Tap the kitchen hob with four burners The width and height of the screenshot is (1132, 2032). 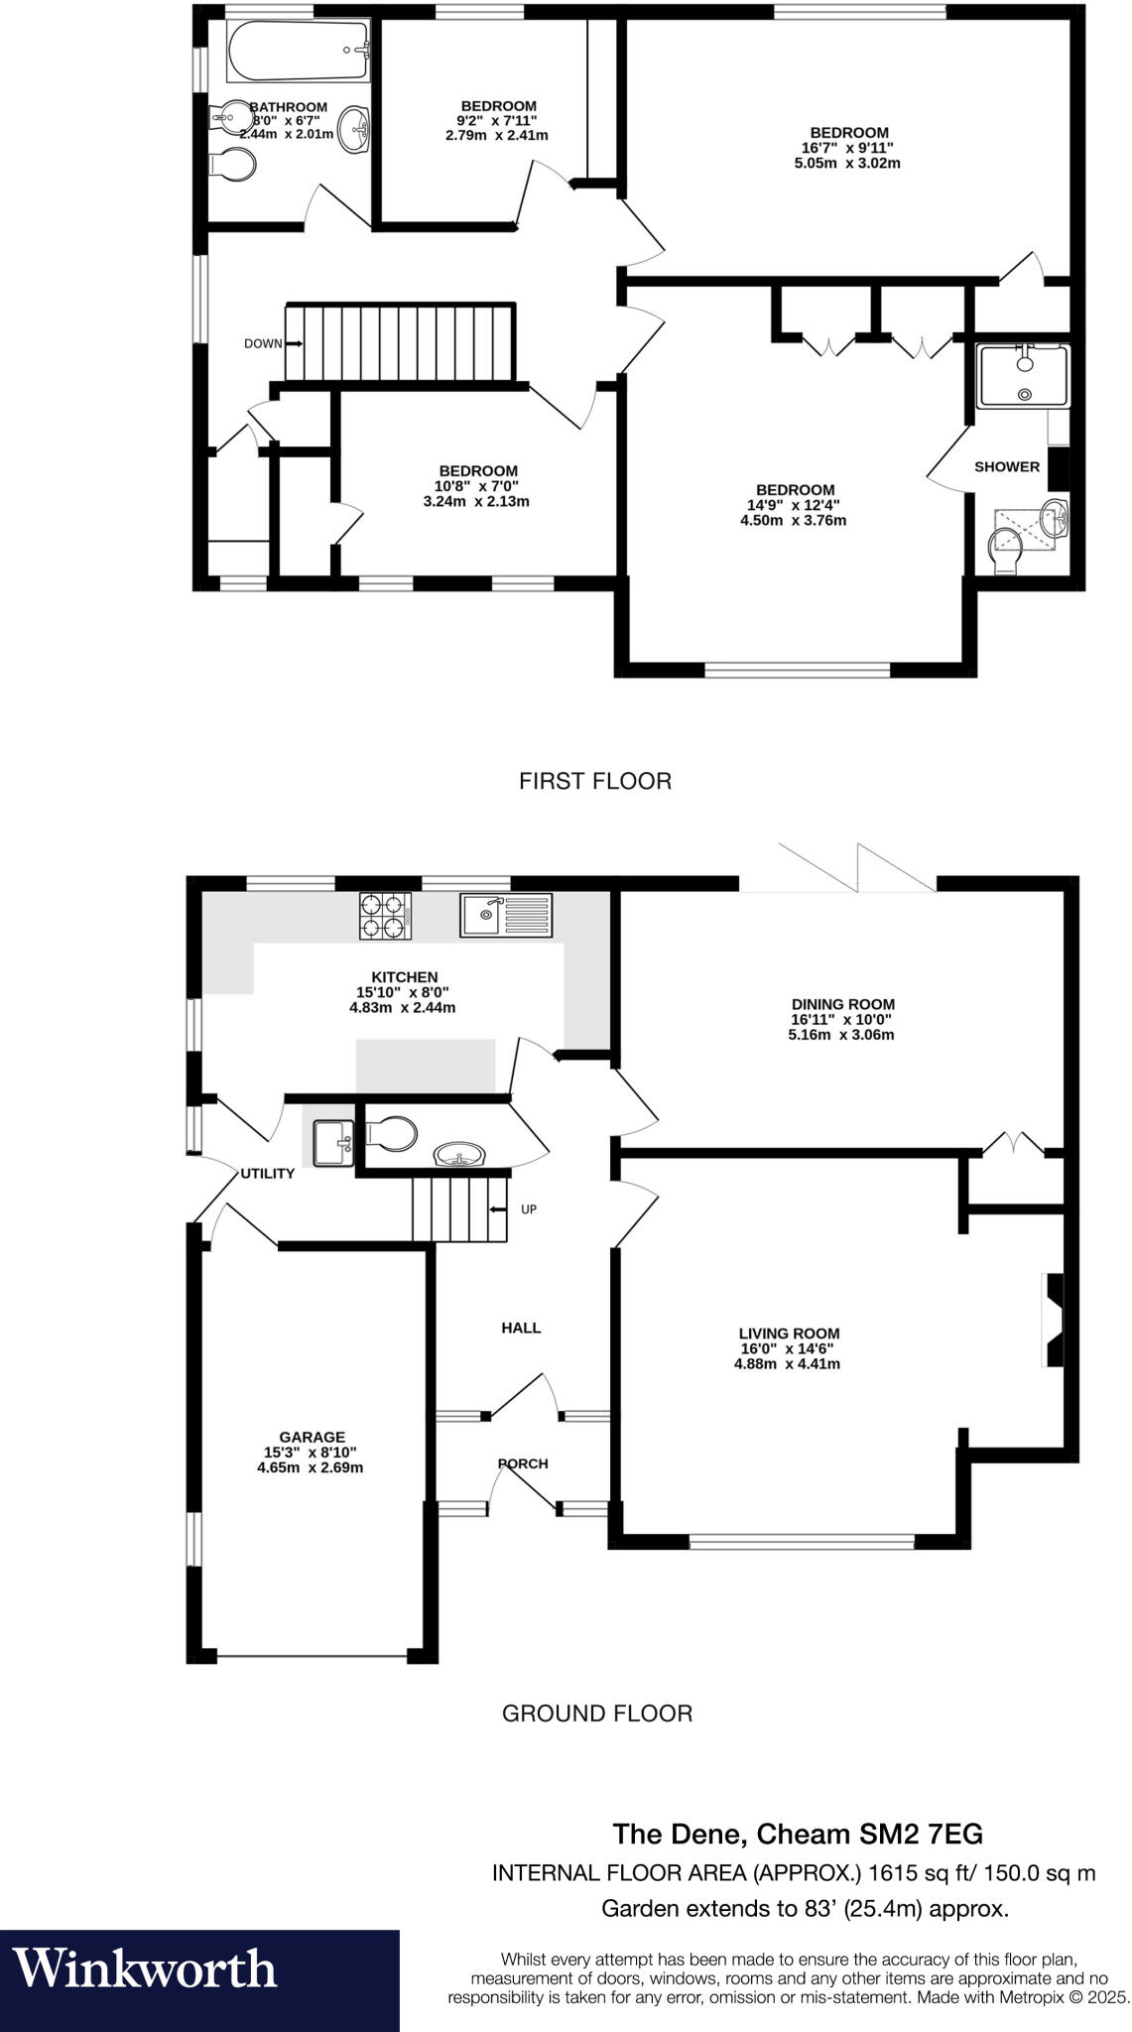click(385, 916)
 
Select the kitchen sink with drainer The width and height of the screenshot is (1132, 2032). click(505, 915)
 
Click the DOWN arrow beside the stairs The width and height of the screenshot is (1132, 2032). click(294, 343)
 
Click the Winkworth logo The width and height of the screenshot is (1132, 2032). click(145, 1968)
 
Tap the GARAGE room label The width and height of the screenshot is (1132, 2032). click(312, 1437)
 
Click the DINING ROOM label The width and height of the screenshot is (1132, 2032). click(842, 1004)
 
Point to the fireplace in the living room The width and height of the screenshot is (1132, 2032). click(1052, 1319)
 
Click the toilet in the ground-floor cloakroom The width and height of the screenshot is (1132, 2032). click(391, 1134)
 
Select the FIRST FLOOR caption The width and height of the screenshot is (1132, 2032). click(595, 782)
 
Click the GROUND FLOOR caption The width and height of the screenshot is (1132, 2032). click(596, 1714)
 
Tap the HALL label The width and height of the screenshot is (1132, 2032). click(521, 1328)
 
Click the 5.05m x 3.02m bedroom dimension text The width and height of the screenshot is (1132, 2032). click(847, 163)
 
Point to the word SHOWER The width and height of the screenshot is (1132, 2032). click(1007, 466)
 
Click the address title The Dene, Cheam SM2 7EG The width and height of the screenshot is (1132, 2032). click(798, 1833)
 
